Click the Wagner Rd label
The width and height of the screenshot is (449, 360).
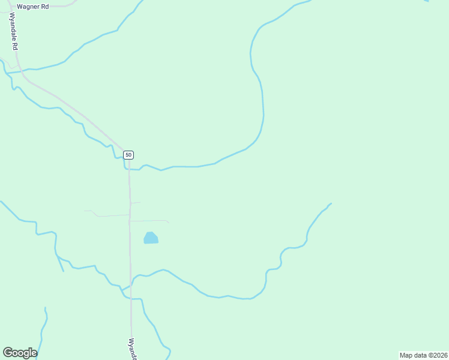(x=32, y=6)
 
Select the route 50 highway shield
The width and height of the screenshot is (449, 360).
(x=128, y=155)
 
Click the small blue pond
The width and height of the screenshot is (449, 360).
(x=151, y=238)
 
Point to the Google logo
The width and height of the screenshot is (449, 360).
(x=20, y=353)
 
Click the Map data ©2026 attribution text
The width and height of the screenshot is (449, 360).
(x=423, y=355)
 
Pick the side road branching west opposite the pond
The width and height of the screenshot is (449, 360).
(x=108, y=215)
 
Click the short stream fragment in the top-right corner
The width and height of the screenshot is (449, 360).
(x=426, y=1)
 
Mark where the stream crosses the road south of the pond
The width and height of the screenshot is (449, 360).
(x=130, y=286)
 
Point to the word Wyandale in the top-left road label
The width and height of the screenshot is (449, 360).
(x=12, y=28)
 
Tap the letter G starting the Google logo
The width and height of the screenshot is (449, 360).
(x=7, y=353)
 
